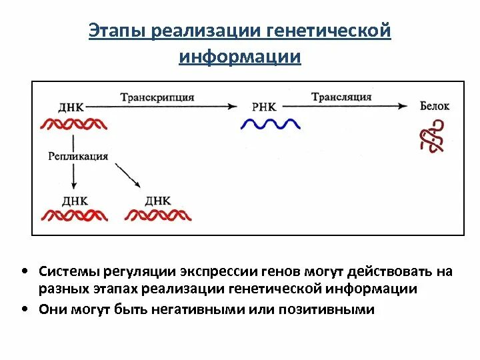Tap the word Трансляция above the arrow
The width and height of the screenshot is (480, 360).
pos(341,97)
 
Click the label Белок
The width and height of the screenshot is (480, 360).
pos(435,106)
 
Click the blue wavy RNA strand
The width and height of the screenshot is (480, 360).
pos(270,123)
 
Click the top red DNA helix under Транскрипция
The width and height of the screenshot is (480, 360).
pos(74,124)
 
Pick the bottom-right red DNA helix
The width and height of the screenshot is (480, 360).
pos(159,215)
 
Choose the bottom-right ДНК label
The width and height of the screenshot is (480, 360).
pos(158,200)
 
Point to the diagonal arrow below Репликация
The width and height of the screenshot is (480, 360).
pos(127,175)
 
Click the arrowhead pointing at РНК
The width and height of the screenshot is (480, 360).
pos(233,105)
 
